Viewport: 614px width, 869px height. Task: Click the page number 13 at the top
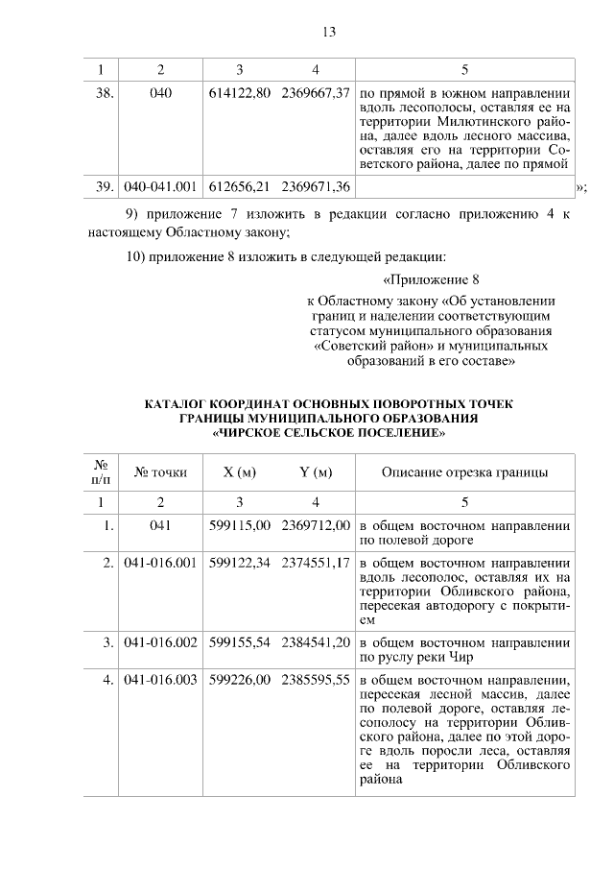pyautogui.click(x=328, y=33)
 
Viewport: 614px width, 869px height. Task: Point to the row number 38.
pyautogui.click(x=106, y=94)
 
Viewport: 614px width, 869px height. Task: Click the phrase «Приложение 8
pyautogui.click(x=431, y=280)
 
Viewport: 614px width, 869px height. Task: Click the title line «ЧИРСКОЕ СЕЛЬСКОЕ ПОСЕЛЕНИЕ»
pyautogui.click(x=329, y=434)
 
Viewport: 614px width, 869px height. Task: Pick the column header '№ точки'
pyautogui.click(x=160, y=472)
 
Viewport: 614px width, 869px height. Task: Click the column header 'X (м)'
pyautogui.click(x=239, y=472)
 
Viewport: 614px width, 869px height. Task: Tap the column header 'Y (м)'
pyautogui.click(x=316, y=472)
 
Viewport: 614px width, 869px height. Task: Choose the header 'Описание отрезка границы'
pyautogui.click(x=465, y=472)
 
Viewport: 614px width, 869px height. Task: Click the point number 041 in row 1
pyautogui.click(x=160, y=525)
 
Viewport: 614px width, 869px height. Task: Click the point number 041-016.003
pyautogui.click(x=160, y=681)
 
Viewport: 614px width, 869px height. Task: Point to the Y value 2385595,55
pyautogui.click(x=316, y=681)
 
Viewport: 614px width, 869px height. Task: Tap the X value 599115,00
pyautogui.click(x=239, y=525)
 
